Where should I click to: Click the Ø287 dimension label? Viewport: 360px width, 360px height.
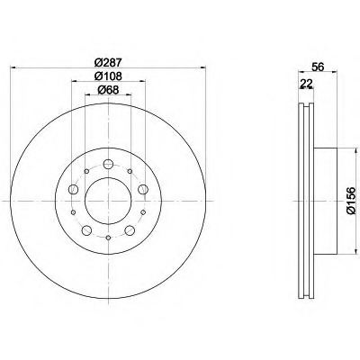pyautogui.click(x=108, y=62)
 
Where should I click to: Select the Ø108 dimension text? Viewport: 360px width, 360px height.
pyautogui.click(x=108, y=76)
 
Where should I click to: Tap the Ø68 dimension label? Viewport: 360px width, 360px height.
pyautogui.click(x=108, y=89)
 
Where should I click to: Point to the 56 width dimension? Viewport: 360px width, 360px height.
pyautogui.click(x=318, y=67)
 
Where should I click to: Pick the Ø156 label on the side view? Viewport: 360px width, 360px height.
pyautogui.click(x=350, y=201)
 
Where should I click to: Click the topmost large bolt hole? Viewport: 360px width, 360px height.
pyautogui.click(x=108, y=164)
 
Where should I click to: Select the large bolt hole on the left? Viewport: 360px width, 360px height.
pyautogui.click(x=73, y=189)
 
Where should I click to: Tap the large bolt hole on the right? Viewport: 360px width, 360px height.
pyautogui.click(x=143, y=189)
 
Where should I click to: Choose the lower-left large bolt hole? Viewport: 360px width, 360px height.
pyautogui.click(x=86, y=230)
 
